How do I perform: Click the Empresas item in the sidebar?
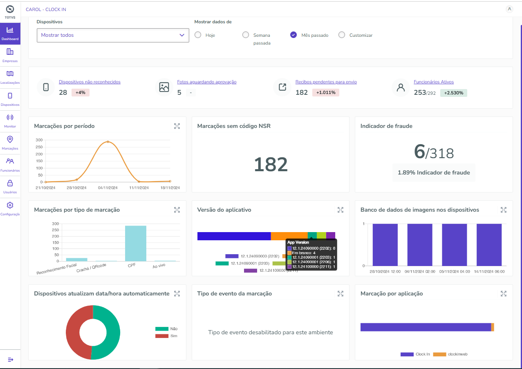coord(10,54)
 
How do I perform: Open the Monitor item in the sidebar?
coord(10,120)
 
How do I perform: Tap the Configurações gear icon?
coord(10,206)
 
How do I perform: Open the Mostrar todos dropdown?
coord(113,35)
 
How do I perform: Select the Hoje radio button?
coord(198,35)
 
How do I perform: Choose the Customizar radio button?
coord(342,35)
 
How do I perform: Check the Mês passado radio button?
coord(293,35)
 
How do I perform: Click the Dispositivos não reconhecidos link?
coord(90,82)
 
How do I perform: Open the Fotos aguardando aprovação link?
coord(206,82)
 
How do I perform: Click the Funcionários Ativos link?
coord(434,82)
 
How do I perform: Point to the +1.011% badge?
coord(326,93)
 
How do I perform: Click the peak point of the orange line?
coord(108,142)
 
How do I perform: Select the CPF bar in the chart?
coord(135,243)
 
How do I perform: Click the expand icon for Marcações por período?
coord(177,126)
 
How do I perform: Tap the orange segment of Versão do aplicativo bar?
coord(289,236)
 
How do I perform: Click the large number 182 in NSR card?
coord(271,164)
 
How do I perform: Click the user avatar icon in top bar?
coord(509,9)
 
